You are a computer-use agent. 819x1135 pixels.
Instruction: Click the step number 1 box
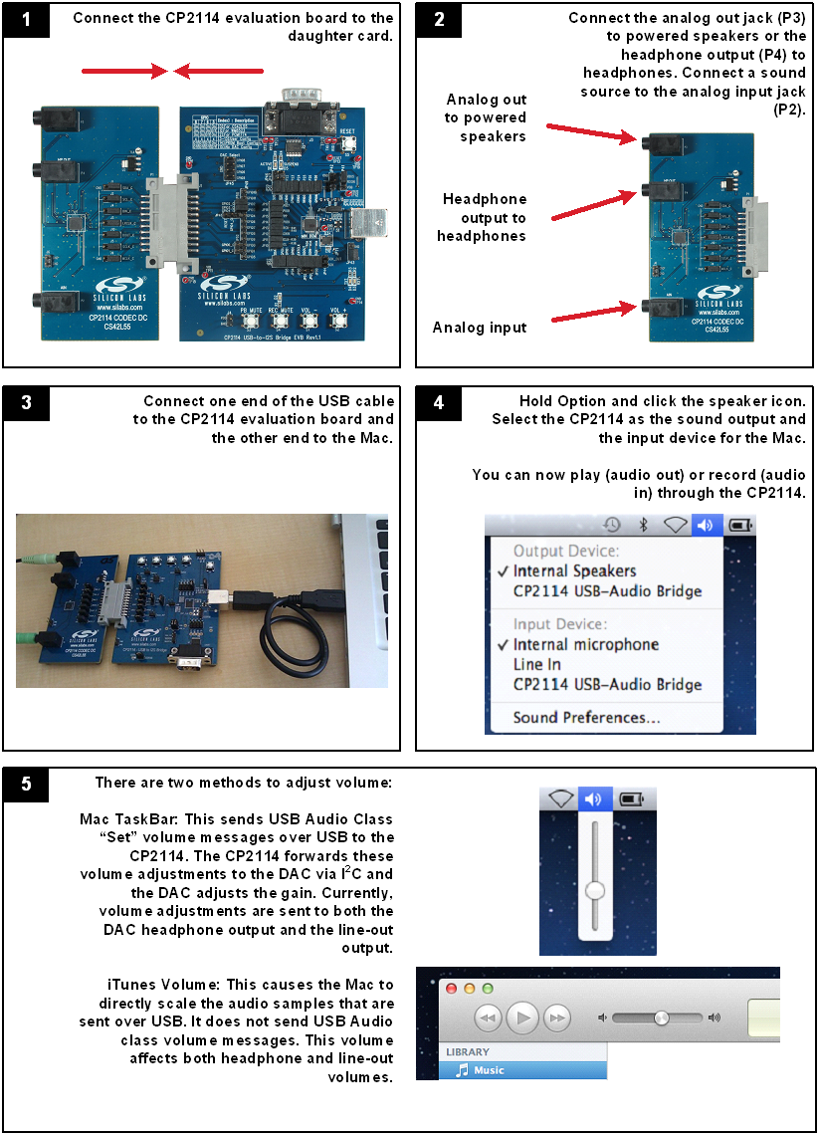[x=26, y=20]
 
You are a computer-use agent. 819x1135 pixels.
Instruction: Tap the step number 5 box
[x=26, y=785]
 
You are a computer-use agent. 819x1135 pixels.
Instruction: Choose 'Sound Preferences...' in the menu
[x=586, y=717]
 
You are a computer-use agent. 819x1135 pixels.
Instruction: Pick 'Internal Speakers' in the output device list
[x=574, y=571]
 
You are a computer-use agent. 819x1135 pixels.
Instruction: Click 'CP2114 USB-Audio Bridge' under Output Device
[x=607, y=591]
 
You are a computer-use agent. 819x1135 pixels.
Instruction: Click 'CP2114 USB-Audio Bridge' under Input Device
[x=607, y=684]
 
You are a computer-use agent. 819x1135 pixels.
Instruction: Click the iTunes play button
[x=523, y=1018]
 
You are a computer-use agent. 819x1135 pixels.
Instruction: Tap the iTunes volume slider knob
[x=661, y=1018]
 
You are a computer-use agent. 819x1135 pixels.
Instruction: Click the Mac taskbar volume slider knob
[x=595, y=890]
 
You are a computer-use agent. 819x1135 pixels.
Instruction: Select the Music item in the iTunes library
[x=488, y=1070]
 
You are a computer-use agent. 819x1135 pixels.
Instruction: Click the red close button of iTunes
[x=451, y=989]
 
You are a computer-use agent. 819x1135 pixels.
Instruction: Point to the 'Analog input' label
[x=480, y=328]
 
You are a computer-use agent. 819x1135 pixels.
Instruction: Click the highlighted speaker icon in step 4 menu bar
[x=705, y=525]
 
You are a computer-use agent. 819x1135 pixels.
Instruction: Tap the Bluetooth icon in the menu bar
[x=643, y=525]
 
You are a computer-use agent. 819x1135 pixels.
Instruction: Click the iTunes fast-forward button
[x=558, y=1018]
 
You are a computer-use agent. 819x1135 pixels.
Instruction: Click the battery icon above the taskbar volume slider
[x=631, y=797]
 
